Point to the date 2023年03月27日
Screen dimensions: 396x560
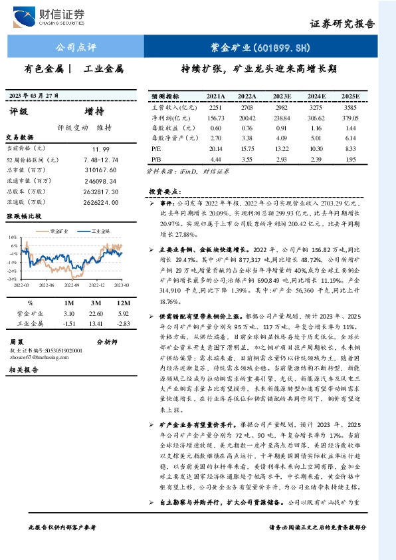pyautogui.click(x=33, y=95)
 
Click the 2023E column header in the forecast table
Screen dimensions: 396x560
pyautogui.click(x=282, y=96)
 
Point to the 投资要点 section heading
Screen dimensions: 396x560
pyautogui.click(x=166, y=191)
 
